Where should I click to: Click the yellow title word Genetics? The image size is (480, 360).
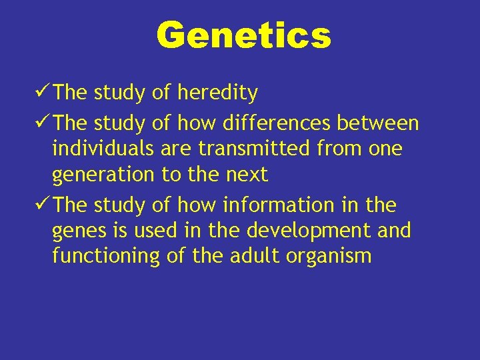pos(243,35)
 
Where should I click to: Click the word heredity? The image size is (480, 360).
pos(217,93)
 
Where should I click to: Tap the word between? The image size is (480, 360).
pos(378,123)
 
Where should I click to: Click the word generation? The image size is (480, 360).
pos(104,175)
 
